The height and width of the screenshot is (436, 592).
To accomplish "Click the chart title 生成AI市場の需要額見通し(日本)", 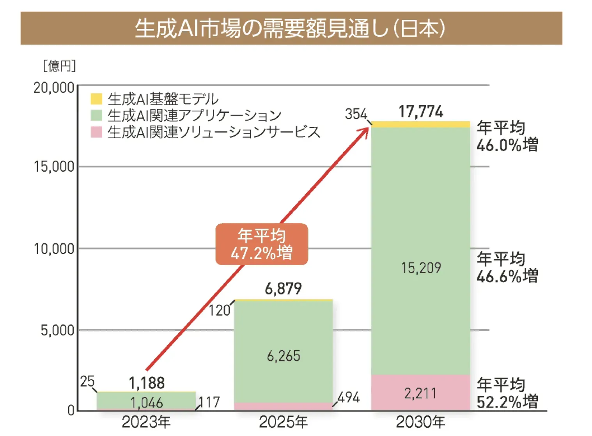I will pyautogui.click(x=291, y=28).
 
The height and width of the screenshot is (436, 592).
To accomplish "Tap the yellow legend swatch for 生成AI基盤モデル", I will pyautogui.click(x=96, y=99).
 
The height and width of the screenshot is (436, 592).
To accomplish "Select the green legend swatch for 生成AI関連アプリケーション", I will pyautogui.click(x=96, y=115).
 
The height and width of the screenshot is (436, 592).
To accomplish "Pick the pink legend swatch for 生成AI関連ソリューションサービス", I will pyautogui.click(x=96, y=132).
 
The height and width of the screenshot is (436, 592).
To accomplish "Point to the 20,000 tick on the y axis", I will pyautogui.click(x=54, y=88).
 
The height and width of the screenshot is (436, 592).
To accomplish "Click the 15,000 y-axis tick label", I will pyautogui.click(x=54, y=167).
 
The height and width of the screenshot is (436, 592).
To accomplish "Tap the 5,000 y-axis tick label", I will pyautogui.click(x=57, y=330).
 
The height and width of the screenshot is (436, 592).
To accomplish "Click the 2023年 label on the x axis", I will pyautogui.click(x=146, y=422).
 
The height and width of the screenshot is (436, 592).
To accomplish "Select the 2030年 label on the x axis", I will pyautogui.click(x=420, y=422).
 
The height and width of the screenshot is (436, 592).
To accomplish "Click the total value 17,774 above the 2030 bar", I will pyautogui.click(x=420, y=112).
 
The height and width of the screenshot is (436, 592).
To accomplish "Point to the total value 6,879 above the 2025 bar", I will pyautogui.click(x=283, y=289).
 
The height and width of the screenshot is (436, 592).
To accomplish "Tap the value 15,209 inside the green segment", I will pyautogui.click(x=421, y=268).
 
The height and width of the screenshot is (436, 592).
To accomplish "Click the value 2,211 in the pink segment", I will pyautogui.click(x=420, y=393).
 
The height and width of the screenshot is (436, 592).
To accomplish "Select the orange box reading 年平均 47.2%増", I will pyautogui.click(x=262, y=245).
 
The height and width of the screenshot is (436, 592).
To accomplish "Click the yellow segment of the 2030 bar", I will pyautogui.click(x=420, y=124).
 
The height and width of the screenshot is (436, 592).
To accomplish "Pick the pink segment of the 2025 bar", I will pyautogui.click(x=283, y=406).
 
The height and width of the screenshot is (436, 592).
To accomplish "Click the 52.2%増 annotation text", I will pyautogui.click(x=507, y=402).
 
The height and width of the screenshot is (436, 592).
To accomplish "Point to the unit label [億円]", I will pyautogui.click(x=59, y=66).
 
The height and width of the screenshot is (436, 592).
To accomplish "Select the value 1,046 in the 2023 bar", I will pyautogui.click(x=146, y=402).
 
